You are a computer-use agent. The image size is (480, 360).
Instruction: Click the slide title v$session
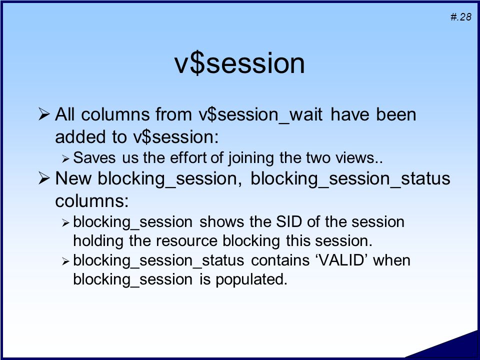tap(239, 63)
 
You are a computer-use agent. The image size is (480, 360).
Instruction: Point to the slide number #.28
tap(460, 16)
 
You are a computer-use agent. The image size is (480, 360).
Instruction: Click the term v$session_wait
tap(260, 115)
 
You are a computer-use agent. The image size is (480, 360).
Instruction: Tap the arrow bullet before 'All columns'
tap(44, 114)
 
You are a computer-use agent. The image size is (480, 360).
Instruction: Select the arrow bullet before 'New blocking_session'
tap(44, 178)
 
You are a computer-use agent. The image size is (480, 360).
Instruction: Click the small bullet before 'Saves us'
tap(65, 158)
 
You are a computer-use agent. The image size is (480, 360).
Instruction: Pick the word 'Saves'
tap(94, 158)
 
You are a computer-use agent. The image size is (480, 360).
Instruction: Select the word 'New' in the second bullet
tap(73, 178)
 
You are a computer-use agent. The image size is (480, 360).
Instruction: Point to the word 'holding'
tap(98, 241)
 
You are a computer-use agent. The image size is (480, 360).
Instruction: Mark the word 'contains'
tap(280, 260)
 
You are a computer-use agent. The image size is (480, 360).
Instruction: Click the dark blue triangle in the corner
tap(452, 348)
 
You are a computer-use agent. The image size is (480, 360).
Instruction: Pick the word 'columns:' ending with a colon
tap(92, 201)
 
